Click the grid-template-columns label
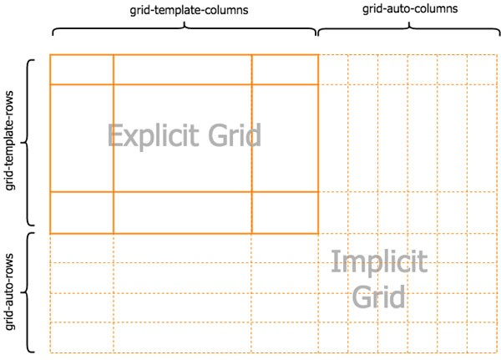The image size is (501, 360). (185, 11)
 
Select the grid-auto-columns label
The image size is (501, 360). (410, 8)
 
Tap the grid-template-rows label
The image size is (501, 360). (11, 143)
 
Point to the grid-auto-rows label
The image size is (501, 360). (11, 291)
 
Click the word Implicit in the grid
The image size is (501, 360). (379, 263)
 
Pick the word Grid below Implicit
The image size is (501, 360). (379, 297)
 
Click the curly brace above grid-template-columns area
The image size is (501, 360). (185, 29)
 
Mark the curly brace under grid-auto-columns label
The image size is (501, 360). (410, 29)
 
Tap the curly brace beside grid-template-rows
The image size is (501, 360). (30, 143)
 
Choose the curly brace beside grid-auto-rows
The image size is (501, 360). (30, 292)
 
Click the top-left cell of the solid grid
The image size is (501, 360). (82, 69)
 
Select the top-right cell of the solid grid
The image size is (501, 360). (285, 69)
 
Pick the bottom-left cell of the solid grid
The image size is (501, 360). (82, 212)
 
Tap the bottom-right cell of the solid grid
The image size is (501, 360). (285, 212)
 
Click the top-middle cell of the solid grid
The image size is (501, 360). (182, 69)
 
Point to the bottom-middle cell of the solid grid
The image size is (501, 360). (182, 212)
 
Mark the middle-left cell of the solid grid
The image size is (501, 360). (82, 138)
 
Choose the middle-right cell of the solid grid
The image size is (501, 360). (285, 138)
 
